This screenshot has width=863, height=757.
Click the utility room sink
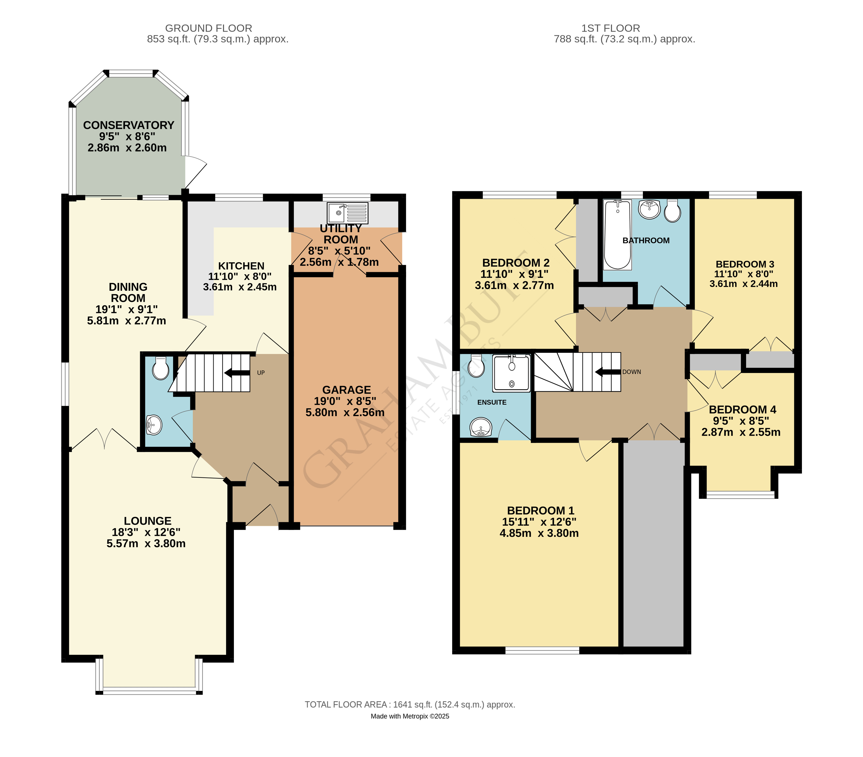[347, 213]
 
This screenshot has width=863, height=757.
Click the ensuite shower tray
[511, 373]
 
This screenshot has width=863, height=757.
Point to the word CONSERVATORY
[129, 125]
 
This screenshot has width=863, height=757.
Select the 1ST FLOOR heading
[611, 28]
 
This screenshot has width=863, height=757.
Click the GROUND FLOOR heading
[209, 28]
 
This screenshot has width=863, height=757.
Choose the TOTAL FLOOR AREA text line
[410, 705]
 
